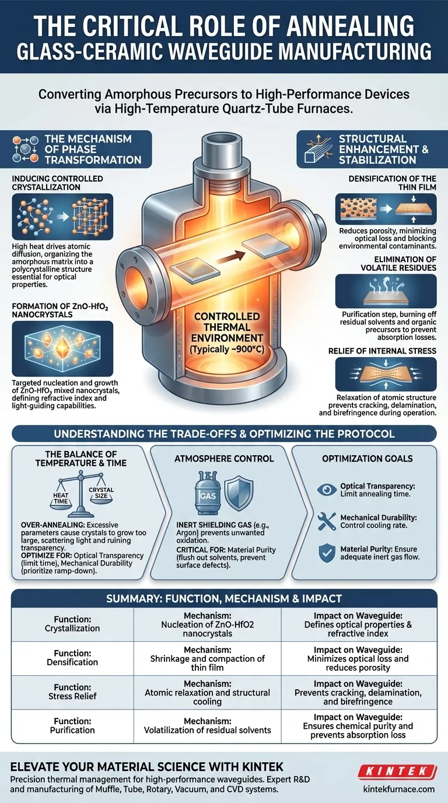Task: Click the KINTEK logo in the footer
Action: coord(397,771)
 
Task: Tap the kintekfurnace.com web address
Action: coord(399,789)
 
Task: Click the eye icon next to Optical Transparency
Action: coord(327,489)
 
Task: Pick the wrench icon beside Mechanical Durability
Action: coord(327,521)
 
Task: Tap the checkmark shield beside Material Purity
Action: coord(327,553)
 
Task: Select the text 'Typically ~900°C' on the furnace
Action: coord(226,349)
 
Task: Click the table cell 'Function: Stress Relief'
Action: coord(72,692)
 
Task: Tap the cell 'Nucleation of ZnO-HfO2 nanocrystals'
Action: coord(208,624)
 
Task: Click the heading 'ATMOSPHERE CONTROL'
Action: coord(224,459)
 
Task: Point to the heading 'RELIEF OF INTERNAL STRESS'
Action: coord(383,351)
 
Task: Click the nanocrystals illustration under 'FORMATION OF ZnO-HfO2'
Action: coord(62,348)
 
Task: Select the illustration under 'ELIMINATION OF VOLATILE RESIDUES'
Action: coord(386,291)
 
